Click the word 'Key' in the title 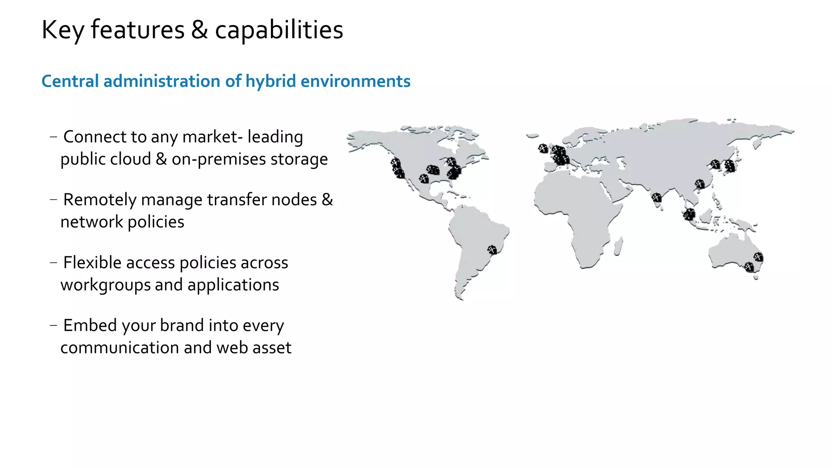click(x=63, y=30)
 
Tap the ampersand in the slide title click(x=199, y=30)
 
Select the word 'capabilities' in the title click(x=279, y=30)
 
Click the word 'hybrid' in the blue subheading click(x=271, y=81)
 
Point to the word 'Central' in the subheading click(x=70, y=81)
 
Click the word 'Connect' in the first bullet click(x=94, y=137)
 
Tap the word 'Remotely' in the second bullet click(x=99, y=200)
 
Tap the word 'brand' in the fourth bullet click(x=182, y=325)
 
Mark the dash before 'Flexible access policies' click(x=53, y=263)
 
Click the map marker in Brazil click(x=492, y=249)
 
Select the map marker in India click(x=656, y=198)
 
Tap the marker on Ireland click(x=543, y=148)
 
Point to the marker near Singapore click(x=689, y=214)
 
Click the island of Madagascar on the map click(x=618, y=247)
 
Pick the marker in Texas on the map click(x=424, y=178)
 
